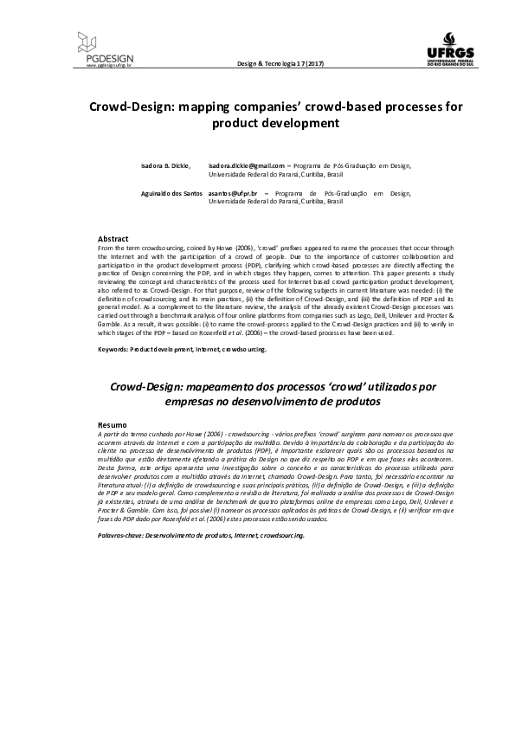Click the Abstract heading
click(x=113, y=238)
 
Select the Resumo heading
click(x=113, y=426)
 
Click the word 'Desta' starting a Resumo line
click(x=106, y=467)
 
